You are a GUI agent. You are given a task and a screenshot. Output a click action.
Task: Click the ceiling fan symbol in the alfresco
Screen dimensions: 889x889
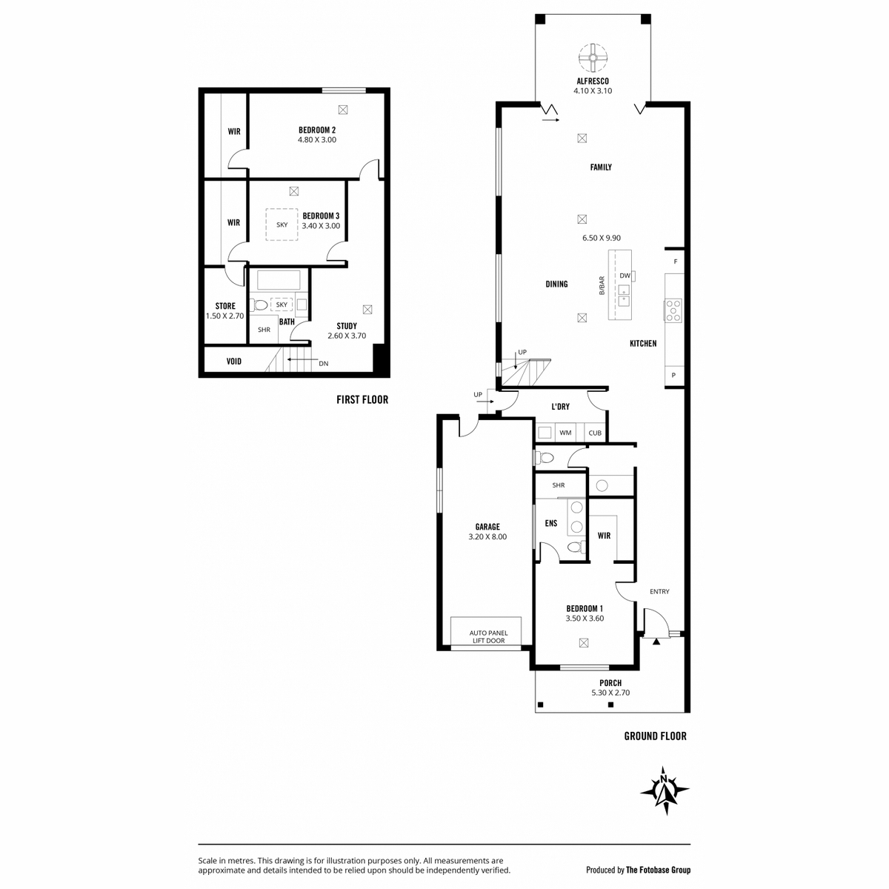[x=593, y=58]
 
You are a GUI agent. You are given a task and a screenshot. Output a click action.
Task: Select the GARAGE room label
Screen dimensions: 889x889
[x=487, y=527]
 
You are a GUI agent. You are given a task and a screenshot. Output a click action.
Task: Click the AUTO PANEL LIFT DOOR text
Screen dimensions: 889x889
[x=488, y=636]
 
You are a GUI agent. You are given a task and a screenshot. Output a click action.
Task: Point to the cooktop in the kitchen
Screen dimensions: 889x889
[x=673, y=310]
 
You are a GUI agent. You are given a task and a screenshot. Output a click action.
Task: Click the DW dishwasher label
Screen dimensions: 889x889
[x=625, y=276]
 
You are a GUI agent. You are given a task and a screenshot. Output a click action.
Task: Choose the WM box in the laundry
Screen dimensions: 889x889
[x=565, y=433]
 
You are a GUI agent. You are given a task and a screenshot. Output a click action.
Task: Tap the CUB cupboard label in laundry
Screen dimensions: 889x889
[x=595, y=433]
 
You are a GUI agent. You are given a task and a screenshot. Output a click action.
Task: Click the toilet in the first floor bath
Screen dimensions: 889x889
[x=259, y=305]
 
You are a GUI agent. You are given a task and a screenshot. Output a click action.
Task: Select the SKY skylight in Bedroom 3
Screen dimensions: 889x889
[x=282, y=224]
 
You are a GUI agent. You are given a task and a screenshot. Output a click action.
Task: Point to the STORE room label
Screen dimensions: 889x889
[x=225, y=306]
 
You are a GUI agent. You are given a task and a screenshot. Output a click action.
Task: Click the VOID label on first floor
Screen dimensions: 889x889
[x=234, y=362]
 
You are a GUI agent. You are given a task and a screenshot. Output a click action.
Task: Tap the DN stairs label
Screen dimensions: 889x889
[x=324, y=364]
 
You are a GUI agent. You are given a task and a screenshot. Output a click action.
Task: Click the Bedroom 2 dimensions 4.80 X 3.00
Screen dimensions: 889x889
[x=317, y=140]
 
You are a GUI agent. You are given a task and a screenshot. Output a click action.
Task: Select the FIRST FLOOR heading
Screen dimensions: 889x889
[x=362, y=399]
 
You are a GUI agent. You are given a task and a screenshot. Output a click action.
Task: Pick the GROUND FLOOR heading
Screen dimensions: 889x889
[x=655, y=736]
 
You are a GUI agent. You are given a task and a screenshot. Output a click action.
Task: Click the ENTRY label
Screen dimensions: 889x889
[x=659, y=591]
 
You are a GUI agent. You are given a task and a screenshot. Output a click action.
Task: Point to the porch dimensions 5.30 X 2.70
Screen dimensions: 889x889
[x=610, y=693]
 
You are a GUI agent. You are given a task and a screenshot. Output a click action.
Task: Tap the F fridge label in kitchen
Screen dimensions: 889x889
[x=676, y=262]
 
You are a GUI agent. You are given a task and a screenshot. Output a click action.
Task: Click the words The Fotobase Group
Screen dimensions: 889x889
[x=658, y=870]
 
